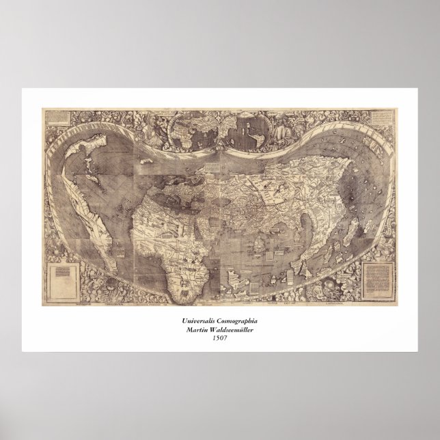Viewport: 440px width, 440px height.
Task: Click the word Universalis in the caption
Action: pos(199,320)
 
